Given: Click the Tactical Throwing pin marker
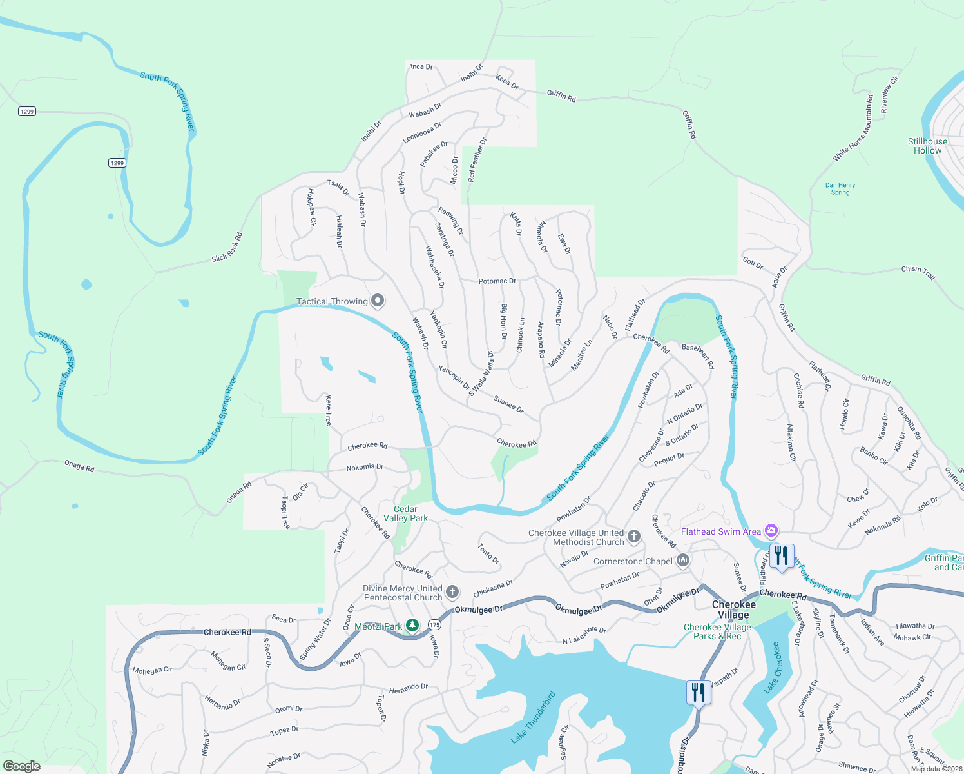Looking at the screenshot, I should pyautogui.click(x=378, y=301).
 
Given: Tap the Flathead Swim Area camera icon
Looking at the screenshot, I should pyautogui.click(x=771, y=531).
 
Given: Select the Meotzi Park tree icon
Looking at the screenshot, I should pyautogui.click(x=412, y=626).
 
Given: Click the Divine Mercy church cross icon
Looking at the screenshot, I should pyautogui.click(x=452, y=592).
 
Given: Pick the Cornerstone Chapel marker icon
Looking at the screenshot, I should pyautogui.click(x=683, y=561).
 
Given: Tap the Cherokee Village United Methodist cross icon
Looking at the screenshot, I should pyautogui.click(x=634, y=537).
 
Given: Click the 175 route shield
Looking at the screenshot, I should pyautogui.click(x=434, y=624).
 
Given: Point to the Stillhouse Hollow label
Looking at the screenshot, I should pyautogui.click(x=927, y=146).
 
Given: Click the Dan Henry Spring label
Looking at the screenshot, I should pyautogui.click(x=840, y=188).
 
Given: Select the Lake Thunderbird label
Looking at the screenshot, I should pyautogui.click(x=533, y=717).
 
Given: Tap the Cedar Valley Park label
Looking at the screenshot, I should pyautogui.click(x=405, y=513).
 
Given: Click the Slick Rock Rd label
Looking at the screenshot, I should pyautogui.click(x=227, y=248).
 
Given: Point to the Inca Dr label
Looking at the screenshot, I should pyautogui.click(x=421, y=66).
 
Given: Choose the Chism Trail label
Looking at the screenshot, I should pyautogui.click(x=918, y=272).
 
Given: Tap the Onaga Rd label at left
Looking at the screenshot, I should pyautogui.click(x=79, y=466).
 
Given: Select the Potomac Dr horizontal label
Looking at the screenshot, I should pyautogui.click(x=497, y=281).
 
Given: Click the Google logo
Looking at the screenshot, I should pyautogui.click(x=21, y=766).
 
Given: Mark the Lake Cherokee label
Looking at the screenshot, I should pyautogui.click(x=773, y=667).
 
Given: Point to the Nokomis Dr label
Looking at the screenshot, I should pyautogui.click(x=365, y=467).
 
